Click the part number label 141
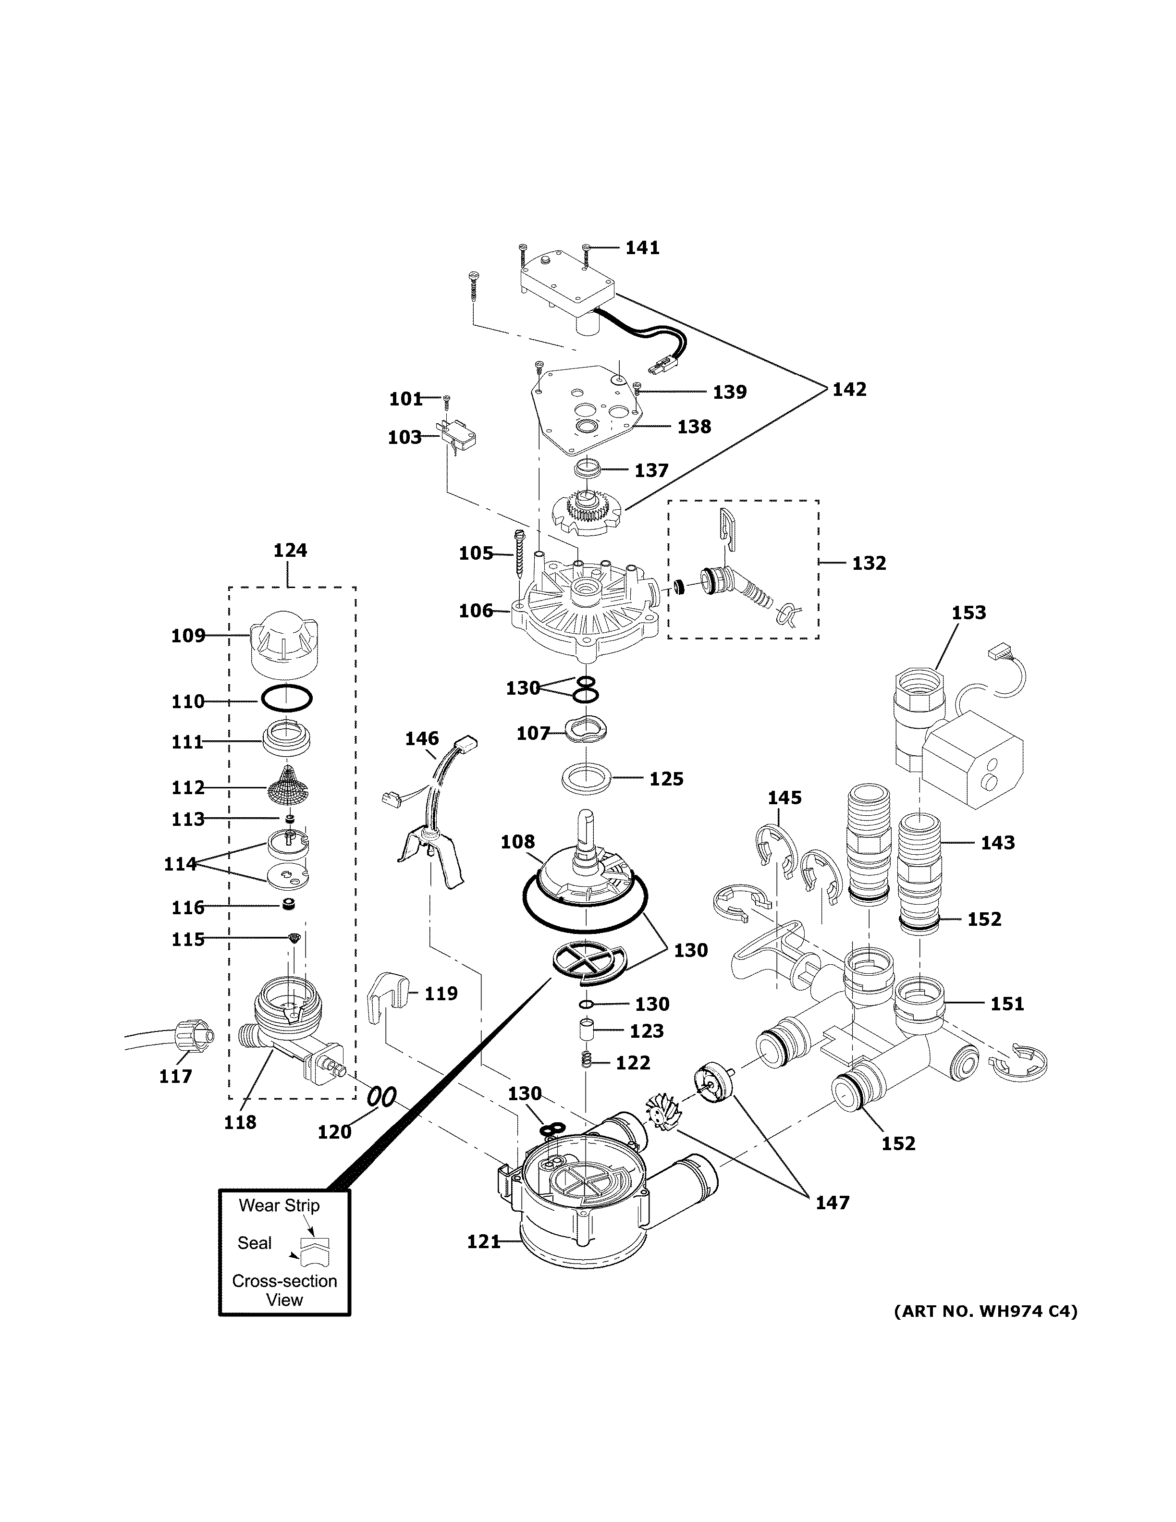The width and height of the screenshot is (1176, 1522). click(x=642, y=247)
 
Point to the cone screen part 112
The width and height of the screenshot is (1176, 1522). click(x=288, y=786)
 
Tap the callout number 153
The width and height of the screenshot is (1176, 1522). click(x=968, y=613)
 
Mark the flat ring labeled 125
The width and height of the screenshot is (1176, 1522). click(x=588, y=778)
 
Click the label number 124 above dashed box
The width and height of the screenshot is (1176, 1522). click(x=290, y=551)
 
